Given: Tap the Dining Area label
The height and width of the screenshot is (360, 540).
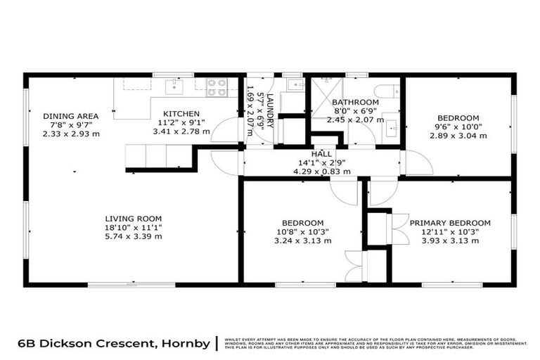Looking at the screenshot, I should [70, 116].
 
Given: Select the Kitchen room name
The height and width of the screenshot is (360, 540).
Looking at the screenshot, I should [181, 114].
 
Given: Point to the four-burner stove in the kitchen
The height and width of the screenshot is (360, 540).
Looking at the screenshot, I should [217, 87].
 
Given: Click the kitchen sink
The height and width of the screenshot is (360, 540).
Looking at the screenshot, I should [172, 86].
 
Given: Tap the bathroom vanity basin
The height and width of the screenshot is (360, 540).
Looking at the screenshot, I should [392, 129].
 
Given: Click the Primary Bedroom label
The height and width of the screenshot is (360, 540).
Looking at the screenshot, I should [450, 223].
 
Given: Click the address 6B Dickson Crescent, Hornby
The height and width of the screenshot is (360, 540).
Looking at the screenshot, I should [114, 344].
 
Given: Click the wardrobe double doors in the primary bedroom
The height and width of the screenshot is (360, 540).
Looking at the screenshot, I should [399, 229].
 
